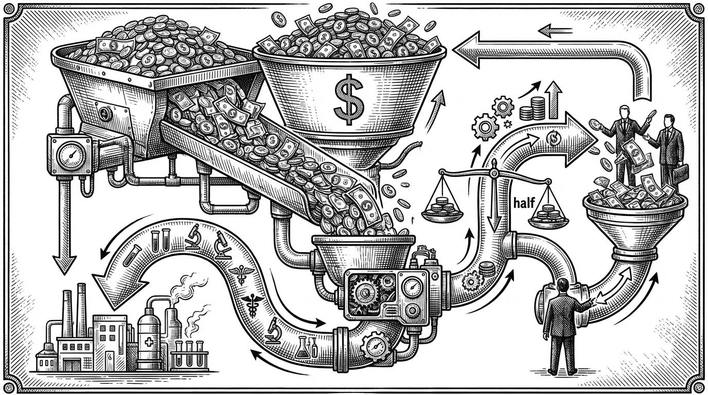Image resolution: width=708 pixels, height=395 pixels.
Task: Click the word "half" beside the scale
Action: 522,202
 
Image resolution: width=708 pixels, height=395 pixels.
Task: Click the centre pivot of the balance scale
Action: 493,166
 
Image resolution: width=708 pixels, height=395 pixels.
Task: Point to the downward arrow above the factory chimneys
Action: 65,257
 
